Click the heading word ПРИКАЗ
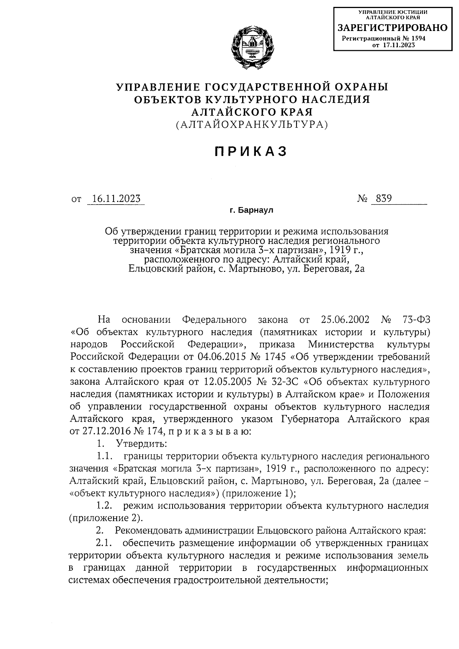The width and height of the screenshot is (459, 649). point(251,152)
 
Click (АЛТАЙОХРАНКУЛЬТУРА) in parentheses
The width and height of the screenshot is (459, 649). point(252,124)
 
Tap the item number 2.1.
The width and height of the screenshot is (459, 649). point(104,543)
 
